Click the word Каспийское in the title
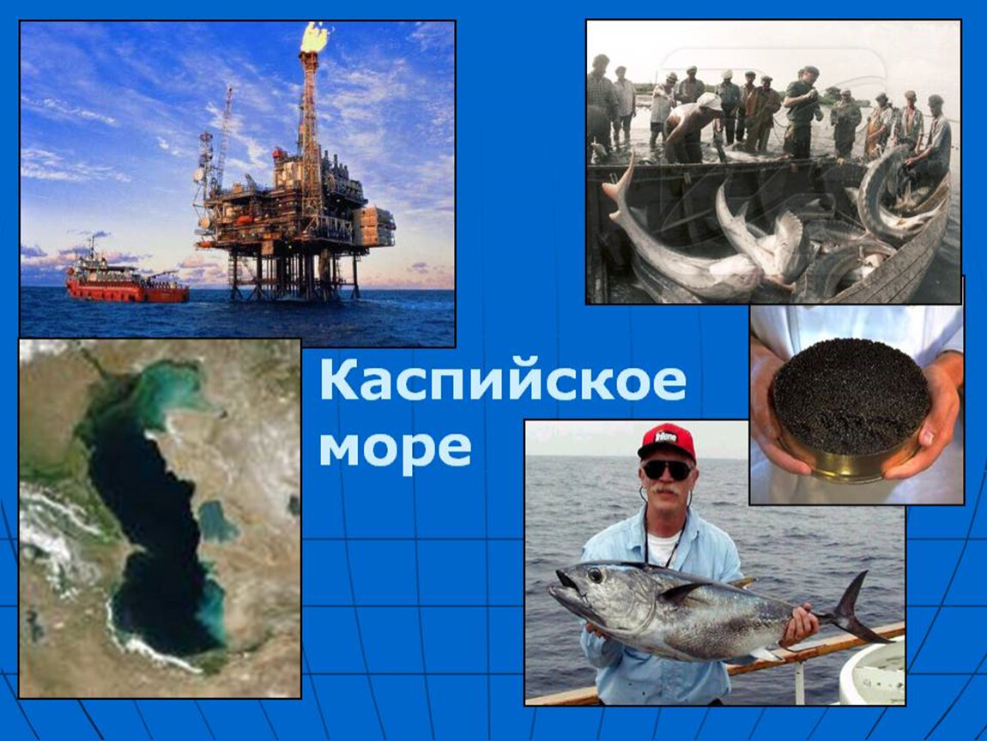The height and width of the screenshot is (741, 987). (502, 380)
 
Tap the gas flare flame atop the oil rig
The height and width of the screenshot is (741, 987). (314, 37)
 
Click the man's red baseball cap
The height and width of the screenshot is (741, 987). (667, 441)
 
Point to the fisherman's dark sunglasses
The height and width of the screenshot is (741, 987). (667, 469)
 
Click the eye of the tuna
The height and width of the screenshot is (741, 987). (594, 575)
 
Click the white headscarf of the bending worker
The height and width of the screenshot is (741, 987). (708, 100)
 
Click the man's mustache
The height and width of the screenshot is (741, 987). (664, 487)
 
